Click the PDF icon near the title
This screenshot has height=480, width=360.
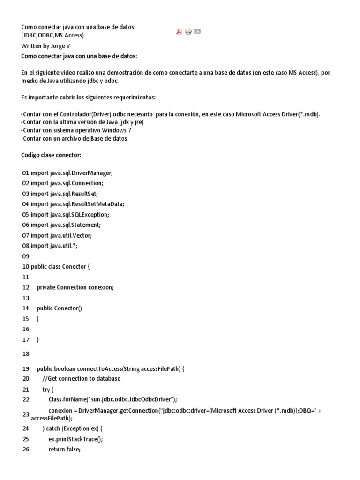click(179, 31)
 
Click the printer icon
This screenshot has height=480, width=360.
click(188, 31)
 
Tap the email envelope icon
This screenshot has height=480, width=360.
click(197, 31)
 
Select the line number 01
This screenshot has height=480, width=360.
click(25, 173)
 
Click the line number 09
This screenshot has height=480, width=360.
click(25, 256)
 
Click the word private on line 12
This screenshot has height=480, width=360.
click(45, 287)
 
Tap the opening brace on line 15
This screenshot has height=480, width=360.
click(37, 318)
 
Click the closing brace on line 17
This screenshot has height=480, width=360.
click(37, 339)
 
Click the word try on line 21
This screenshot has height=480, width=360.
click(46, 390)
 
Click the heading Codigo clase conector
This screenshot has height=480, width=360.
click(52, 155)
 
